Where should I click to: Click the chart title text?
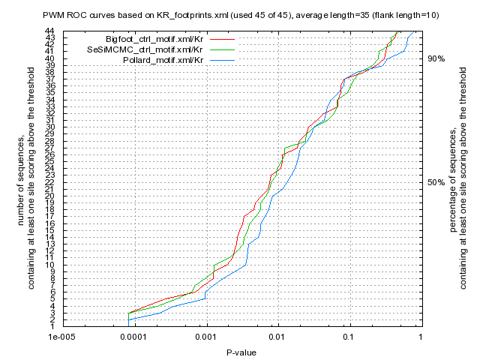click(240, 16)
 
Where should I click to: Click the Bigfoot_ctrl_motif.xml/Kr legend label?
click(155, 37)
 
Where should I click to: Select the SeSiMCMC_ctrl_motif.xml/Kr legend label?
click(151, 48)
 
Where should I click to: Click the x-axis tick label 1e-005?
click(61, 338)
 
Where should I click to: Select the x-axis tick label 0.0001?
click(133, 338)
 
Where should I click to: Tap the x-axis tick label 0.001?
click(205, 338)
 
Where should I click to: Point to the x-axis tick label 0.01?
click(277, 338)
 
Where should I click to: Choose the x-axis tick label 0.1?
click(349, 338)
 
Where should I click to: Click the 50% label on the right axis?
click(436, 182)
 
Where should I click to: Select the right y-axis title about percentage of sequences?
click(457, 178)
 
